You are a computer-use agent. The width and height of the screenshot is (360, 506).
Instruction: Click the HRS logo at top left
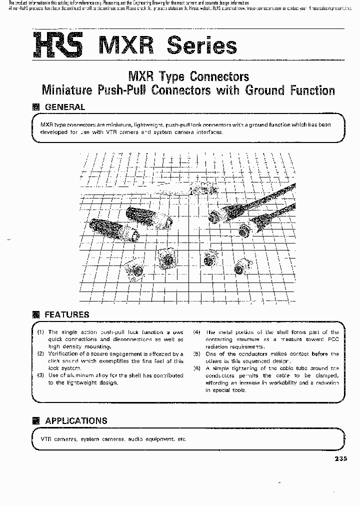(x=59, y=44)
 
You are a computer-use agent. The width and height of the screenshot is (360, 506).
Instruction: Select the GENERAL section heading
(x=65, y=107)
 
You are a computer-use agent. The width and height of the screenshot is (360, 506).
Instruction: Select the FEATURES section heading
(x=67, y=314)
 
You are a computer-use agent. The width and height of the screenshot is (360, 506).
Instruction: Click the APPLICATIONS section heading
(x=76, y=420)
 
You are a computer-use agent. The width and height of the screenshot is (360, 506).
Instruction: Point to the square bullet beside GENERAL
(x=35, y=107)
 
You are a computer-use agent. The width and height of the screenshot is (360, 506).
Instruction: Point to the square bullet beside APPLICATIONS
(x=35, y=420)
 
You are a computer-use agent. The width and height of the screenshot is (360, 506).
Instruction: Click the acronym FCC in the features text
(x=331, y=339)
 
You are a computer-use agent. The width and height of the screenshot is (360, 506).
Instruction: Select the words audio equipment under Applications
(x=149, y=439)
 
